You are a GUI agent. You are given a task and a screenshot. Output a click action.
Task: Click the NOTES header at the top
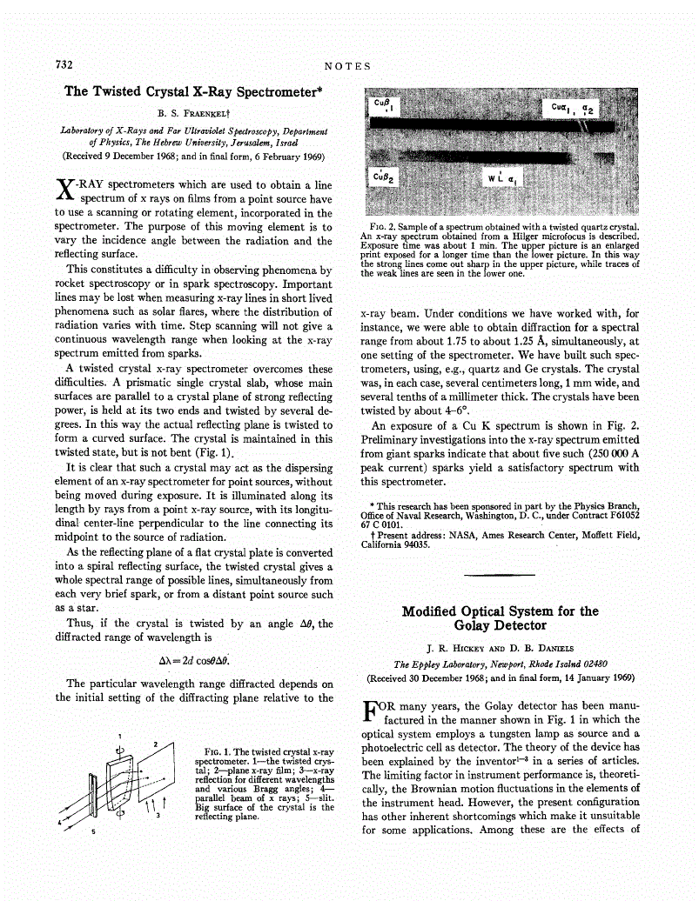pyautogui.click(x=347, y=66)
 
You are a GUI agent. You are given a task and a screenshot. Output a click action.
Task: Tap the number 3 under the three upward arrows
pyautogui.click(x=158, y=816)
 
